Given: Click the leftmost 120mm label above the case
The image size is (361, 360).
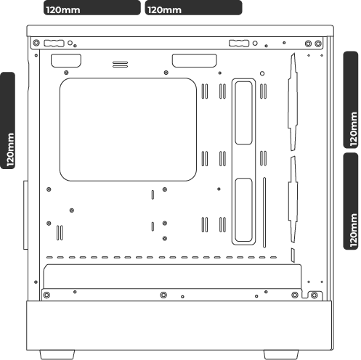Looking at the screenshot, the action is [x=92, y=8].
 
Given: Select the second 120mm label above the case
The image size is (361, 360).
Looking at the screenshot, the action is [x=193, y=8].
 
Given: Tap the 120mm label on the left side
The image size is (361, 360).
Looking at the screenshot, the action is [x=8, y=120].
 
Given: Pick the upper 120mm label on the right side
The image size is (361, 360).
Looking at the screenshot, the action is [x=351, y=99].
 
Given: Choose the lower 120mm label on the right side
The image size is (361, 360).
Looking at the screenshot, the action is [x=351, y=201].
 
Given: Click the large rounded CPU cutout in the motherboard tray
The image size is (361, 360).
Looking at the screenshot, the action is [x=128, y=129].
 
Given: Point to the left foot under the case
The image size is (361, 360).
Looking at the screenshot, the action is [x=57, y=355].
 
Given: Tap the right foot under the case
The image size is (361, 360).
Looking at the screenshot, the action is [x=281, y=355].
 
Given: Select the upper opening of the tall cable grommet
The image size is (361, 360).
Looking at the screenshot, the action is [x=243, y=113].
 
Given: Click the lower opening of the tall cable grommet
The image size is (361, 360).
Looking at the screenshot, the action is [x=243, y=210].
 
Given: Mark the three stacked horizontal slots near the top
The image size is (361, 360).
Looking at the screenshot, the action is [x=120, y=65].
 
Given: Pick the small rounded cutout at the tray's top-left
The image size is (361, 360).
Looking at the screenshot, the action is [x=66, y=61].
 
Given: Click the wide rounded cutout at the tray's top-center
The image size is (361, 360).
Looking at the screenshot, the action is [x=195, y=61].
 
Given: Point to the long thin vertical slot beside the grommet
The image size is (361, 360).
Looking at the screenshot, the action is [x=264, y=213].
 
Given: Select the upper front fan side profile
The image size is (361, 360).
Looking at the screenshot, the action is [x=293, y=102].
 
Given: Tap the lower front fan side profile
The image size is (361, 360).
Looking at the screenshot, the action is [x=293, y=200].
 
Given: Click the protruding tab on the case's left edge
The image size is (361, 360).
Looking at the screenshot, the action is [x=25, y=215].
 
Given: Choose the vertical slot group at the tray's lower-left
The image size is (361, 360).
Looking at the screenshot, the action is [x=60, y=233].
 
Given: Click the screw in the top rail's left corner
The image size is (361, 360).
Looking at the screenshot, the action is [x=36, y=43].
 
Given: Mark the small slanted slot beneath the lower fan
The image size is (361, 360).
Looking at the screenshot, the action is [x=293, y=255].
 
